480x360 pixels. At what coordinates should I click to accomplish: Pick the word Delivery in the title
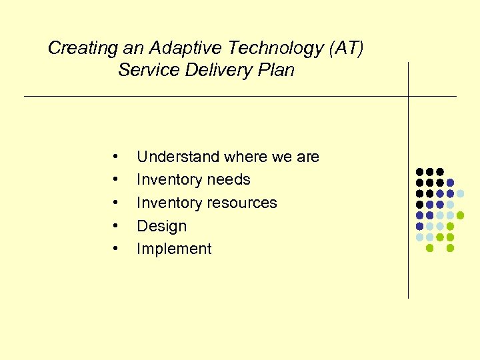pos(213,70)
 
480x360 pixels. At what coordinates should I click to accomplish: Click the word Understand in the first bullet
pos(178,157)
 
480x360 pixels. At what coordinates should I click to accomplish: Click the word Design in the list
pos(162,227)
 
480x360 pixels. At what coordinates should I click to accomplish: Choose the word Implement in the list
pos(174,249)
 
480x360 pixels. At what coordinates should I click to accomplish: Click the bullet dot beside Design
pos(117,226)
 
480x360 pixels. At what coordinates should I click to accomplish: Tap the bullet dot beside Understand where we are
pos(117,157)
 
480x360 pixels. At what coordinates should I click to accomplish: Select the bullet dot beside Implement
pos(117,249)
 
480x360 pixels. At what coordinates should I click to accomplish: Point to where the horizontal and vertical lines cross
pos(408,97)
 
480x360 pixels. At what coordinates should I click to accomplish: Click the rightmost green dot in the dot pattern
pos(460,215)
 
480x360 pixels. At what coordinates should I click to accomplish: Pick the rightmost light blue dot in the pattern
pos(460,193)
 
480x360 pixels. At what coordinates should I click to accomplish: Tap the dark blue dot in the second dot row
pos(450,183)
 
